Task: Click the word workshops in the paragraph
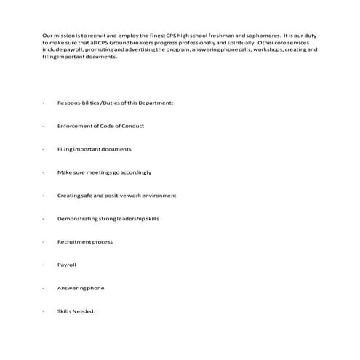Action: [245, 49]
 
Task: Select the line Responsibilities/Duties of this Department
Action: [115, 103]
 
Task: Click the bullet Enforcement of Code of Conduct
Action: [100, 126]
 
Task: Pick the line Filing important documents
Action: [94, 149]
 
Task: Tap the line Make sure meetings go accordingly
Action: [104, 172]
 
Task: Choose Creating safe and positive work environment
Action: [116, 196]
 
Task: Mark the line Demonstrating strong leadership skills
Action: [108, 218]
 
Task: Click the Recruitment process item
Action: [84, 241]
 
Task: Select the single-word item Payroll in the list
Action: [67, 265]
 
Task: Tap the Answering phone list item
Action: [81, 288]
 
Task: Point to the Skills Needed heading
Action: [76, 311]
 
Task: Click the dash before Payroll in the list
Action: [44, 265]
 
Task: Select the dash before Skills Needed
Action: [44, 311]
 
